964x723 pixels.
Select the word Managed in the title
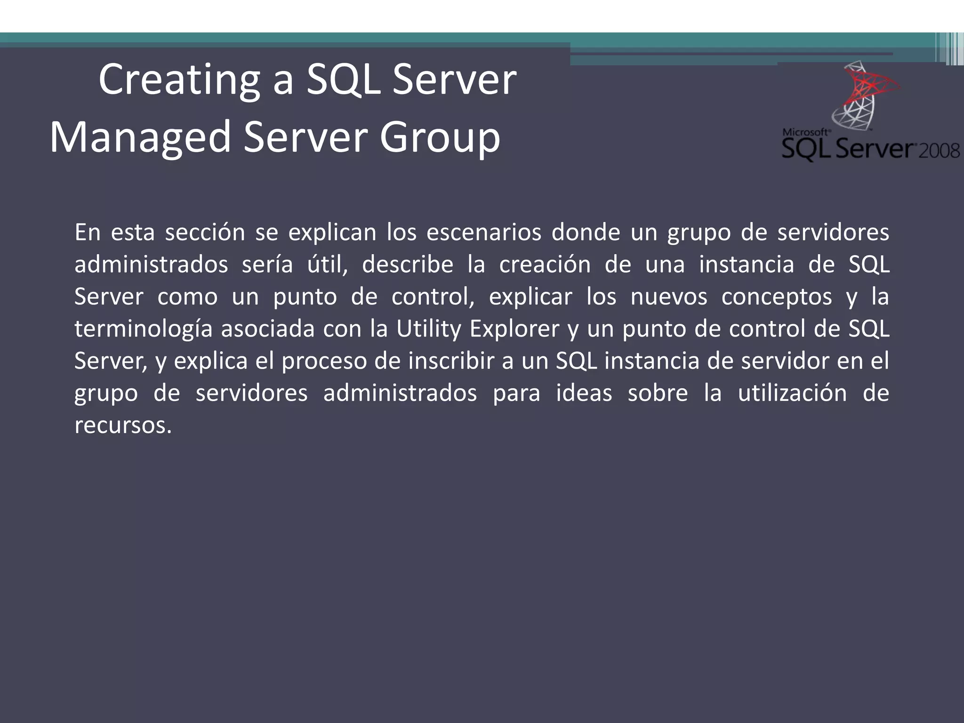coord(140,137)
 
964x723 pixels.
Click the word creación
coord(545,265)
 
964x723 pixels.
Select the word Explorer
coord(514,329)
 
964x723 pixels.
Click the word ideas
coord(584,393)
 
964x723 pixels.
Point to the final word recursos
coord(123,425)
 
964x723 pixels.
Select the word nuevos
coord(668,297)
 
